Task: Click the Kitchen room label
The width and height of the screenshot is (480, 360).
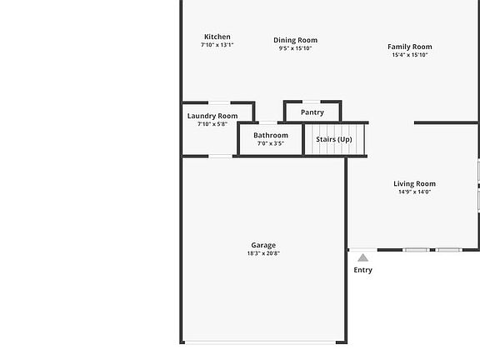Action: [217, 37]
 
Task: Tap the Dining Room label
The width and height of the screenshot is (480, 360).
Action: [295, 40]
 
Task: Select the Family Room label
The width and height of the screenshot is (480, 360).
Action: [410, 47]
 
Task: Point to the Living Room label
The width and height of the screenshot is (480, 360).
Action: [414, 183]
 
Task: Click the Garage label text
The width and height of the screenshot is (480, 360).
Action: [263, 245]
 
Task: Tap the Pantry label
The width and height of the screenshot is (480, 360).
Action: [312, 112]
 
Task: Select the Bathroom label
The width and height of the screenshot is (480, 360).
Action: [271, 135]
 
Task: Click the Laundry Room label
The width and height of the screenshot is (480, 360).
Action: [212, 116]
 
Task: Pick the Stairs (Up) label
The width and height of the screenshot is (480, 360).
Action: [334, 140]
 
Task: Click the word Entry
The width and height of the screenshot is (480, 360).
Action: [362, 270]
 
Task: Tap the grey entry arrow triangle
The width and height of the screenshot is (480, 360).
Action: [362, 257]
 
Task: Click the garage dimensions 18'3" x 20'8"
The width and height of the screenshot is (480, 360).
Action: [263, 253]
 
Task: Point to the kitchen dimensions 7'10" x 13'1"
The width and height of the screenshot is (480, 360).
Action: [217, 45]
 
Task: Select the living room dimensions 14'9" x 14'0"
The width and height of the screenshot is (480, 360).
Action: [414, 192]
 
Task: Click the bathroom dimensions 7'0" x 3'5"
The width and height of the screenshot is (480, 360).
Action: [271, 143]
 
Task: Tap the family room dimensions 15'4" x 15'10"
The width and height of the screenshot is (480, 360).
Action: [410, 55]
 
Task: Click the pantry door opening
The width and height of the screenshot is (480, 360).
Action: [312, 102]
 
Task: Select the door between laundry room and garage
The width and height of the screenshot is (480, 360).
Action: [220, 157]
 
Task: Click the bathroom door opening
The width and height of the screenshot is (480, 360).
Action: [268, 122]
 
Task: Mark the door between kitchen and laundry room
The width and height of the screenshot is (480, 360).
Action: [219, 102]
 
